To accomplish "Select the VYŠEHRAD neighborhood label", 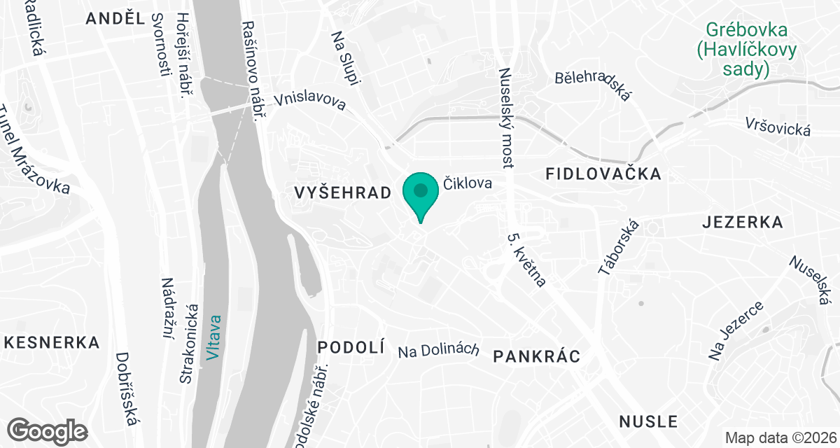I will click(x=342, y=193).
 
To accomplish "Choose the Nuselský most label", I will click(x=505, y=118).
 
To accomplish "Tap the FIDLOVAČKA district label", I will click(x=603, y=174).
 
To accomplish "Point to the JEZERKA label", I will click(x=742, y=223).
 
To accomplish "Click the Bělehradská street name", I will click(x=593, y=85).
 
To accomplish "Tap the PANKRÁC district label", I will click(x=537, y=356).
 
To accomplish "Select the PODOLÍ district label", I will click(x=351, y=347).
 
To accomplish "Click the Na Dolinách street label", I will click(x=438, y=350).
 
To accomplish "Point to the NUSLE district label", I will click(x=648, y=421).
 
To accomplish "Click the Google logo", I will click(x=48, y=430).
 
